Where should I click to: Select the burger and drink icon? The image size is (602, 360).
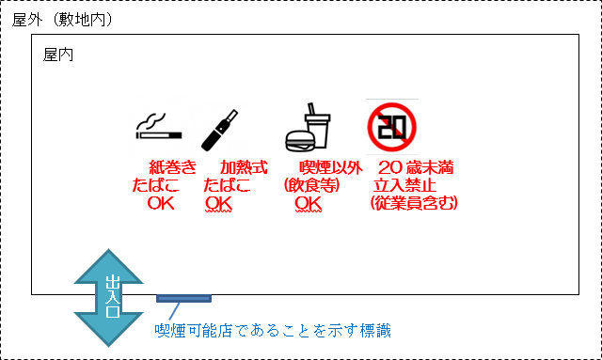308,129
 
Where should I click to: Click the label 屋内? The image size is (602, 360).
58,55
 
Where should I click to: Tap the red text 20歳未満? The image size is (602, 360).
415,167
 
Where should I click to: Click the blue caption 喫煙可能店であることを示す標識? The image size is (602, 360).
273,330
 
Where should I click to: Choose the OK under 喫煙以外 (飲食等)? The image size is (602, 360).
309,203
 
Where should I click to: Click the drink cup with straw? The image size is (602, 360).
318,126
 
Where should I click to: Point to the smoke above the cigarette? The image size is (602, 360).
152,117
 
